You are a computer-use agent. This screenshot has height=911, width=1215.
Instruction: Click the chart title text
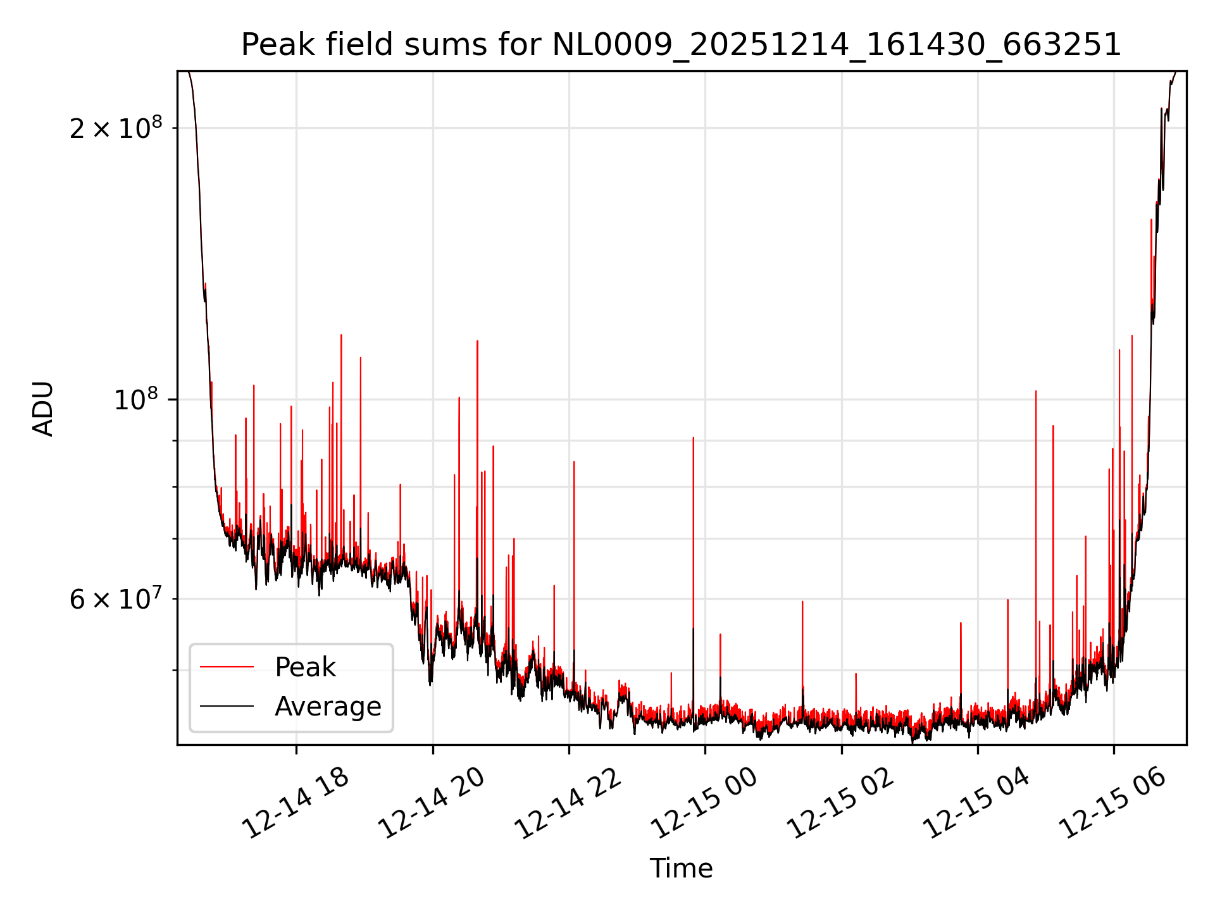point(681,45)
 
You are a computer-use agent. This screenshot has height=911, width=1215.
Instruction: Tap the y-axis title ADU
point(43,409)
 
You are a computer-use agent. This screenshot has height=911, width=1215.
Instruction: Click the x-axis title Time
point(681,868)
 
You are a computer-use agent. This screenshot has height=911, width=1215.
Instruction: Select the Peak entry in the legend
point(305,667)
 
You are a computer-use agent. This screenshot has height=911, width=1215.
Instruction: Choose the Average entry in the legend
point(328,706)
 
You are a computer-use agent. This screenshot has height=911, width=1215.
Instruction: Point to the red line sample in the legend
point(227,667)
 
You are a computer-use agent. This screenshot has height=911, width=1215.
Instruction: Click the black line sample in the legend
point(227,706)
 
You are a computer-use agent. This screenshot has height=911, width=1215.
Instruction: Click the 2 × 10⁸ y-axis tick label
point(116,128)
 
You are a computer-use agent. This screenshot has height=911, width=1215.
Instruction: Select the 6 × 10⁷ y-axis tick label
point(116,598)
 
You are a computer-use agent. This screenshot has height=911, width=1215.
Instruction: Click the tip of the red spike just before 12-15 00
point(694,438)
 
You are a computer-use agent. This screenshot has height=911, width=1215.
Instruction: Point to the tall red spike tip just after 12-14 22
point(574,462)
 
